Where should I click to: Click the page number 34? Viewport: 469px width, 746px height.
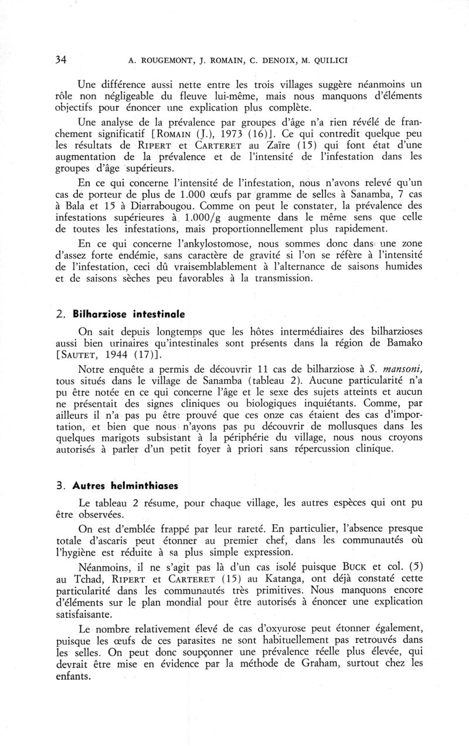[60, 60]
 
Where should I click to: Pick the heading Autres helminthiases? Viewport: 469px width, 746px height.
[124, 486]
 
